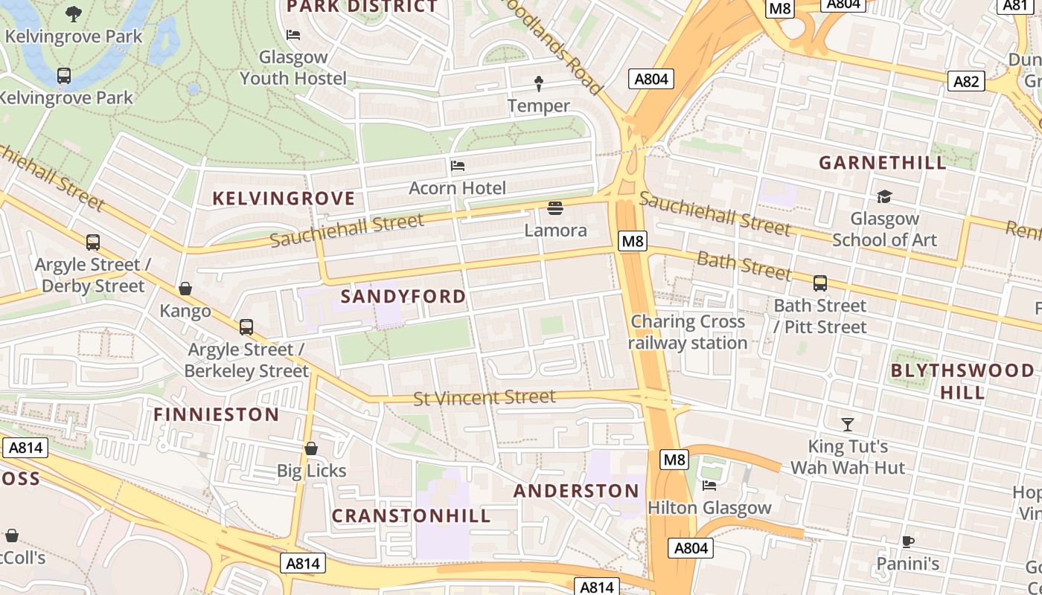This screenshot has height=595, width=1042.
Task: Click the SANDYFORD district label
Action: [403, 296]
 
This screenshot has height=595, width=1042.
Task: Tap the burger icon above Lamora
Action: [555, 208]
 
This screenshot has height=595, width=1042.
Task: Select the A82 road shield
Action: [966, 81]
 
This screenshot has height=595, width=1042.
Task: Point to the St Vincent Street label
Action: [485, 398]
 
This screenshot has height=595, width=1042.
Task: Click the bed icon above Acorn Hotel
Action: [458, 165]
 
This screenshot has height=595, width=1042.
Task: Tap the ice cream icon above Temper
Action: [539, 83]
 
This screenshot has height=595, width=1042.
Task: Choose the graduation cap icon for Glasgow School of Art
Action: [884, 196]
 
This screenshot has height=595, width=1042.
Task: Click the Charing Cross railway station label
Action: [688, 332]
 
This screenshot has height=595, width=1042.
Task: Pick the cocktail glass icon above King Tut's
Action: [848, 424]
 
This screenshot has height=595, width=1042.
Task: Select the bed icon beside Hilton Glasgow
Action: [709, 486]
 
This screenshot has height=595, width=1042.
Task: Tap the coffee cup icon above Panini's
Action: [907, 541]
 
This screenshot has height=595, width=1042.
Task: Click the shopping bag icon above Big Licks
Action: [311, 448]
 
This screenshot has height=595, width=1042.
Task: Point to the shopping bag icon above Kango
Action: [185, 289]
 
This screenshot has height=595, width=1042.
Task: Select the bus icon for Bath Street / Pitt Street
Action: [819, 283]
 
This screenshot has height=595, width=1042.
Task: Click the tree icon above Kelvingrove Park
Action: [73, 13]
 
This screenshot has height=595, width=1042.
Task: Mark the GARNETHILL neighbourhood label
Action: [883, 162]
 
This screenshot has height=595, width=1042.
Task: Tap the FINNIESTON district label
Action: [217, 414]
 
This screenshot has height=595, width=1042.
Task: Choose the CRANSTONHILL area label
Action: [411, 515]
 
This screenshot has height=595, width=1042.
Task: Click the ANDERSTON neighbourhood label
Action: [576, 491]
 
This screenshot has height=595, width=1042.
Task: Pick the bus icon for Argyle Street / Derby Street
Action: [93, 242]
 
